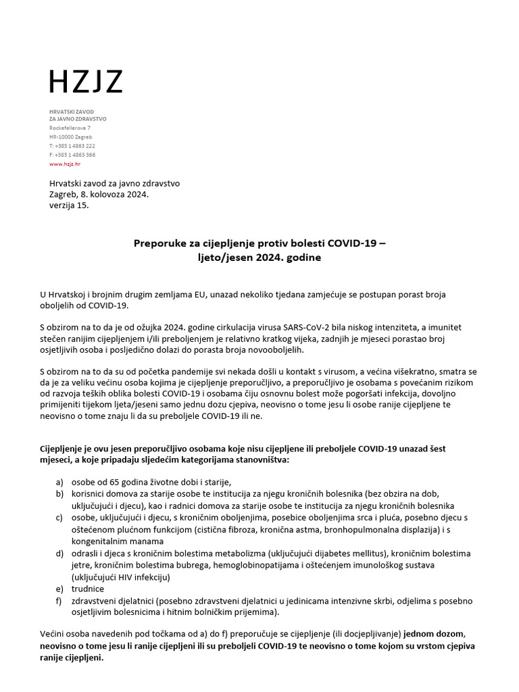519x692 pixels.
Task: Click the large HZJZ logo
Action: click(86, 82)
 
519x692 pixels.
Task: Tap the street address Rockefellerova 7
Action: click(70, 128)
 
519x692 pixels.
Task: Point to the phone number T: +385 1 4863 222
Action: click(72, 146)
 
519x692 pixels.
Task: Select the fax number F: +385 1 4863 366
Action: click(72, 155)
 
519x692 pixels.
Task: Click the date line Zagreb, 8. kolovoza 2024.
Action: click(99, 195)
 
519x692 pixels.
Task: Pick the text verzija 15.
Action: click(69, 205)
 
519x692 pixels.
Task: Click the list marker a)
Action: click(60, 483)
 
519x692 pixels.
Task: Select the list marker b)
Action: click(60, 495)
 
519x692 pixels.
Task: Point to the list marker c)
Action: click(60, 518)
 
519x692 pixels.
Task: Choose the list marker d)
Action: click(60, 553)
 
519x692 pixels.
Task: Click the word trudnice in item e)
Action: click(88, 589)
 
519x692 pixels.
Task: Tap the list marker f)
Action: click(60, 601)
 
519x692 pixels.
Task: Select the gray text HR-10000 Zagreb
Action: click(70, 137)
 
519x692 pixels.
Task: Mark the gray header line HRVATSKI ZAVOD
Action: click(71, 110)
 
